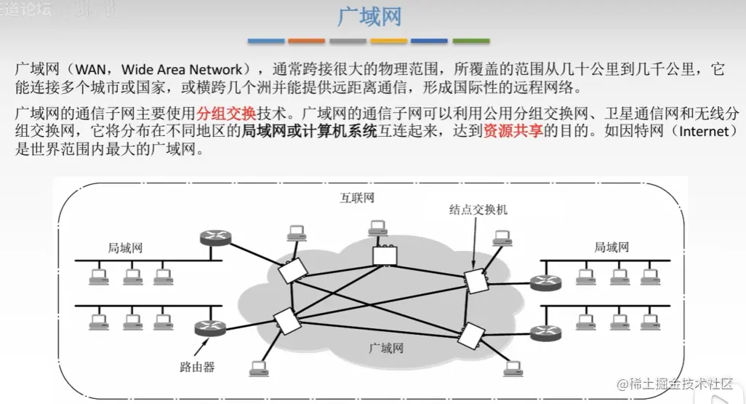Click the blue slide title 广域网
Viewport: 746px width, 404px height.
[371, 17]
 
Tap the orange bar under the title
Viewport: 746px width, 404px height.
[306, 41]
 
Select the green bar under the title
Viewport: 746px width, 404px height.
[471, 41]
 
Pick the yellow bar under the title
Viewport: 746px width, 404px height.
[389, 41]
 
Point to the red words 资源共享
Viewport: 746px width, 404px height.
[513, 132]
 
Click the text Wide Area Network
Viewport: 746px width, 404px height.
[182, 70]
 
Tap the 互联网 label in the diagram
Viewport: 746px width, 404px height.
[357, 198]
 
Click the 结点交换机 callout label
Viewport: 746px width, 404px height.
[478, 209]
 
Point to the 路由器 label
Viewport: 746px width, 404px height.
[197, 366]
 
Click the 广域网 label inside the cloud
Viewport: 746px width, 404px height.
[386, 348]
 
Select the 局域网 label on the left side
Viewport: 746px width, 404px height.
[125, 247]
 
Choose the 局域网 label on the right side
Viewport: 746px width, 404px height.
[611, 247]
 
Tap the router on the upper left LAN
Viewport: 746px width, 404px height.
[215, 239]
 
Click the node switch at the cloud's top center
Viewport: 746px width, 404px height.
[382, 255]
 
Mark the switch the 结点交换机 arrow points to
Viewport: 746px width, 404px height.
[476, 280]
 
